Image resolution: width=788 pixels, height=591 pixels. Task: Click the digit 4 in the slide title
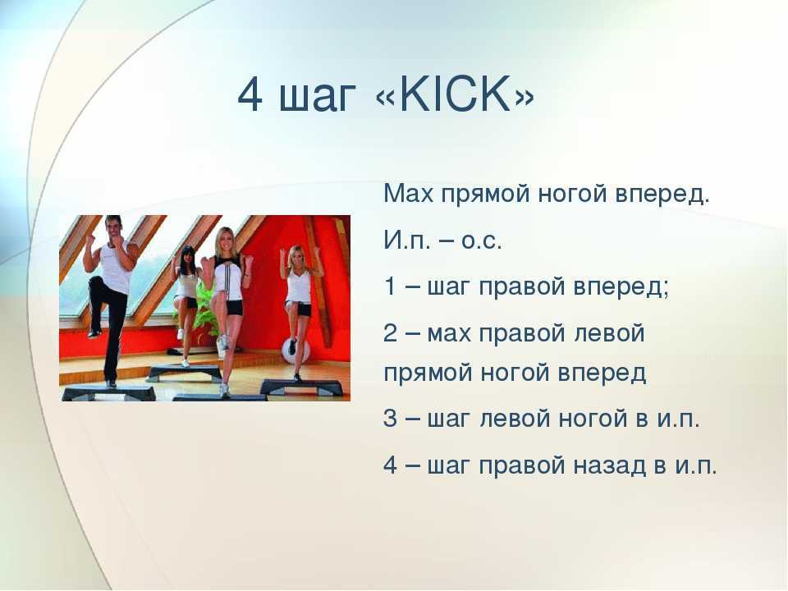point(250,95)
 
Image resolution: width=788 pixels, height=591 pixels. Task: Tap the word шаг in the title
point(318,99)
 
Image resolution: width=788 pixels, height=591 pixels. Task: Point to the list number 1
point(389,286)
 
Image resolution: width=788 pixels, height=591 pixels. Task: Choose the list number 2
point(391,333)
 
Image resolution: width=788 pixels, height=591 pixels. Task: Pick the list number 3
point(391,419)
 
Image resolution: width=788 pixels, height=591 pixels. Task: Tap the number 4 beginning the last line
point(391,465)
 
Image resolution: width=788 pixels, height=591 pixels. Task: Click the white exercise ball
point(292,350)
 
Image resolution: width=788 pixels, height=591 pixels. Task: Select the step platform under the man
point(108,392)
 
